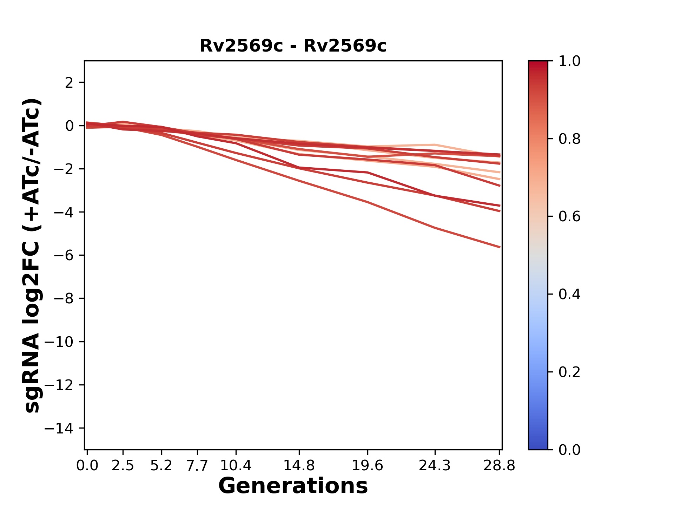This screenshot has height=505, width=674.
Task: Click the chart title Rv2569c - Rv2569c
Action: point(293,46)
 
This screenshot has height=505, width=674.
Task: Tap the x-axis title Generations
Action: point(293,486)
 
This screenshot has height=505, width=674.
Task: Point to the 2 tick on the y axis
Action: point(69,83)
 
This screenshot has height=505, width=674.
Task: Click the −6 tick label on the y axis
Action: point(64,255)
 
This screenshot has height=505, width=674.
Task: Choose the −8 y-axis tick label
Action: point(64,299)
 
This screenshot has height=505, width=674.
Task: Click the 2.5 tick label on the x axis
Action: point(123,466)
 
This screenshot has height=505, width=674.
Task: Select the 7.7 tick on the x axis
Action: point(197,466)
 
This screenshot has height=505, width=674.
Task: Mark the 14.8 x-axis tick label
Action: point(299,466)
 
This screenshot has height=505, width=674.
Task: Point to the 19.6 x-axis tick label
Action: point(368,466)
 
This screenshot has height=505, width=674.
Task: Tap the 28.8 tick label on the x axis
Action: point(499,466)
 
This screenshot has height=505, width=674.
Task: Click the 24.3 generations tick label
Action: point(435,466)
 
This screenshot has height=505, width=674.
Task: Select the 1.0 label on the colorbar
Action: point(569,61)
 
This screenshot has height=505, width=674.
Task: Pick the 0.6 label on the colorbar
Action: point(569,217)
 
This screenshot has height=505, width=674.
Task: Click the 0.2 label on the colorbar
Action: point(569,372)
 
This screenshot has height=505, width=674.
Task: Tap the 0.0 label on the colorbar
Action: point(569,450)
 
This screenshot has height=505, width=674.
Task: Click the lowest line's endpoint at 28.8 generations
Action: point(499,247)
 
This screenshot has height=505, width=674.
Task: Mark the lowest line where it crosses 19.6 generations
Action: point(368,202)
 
